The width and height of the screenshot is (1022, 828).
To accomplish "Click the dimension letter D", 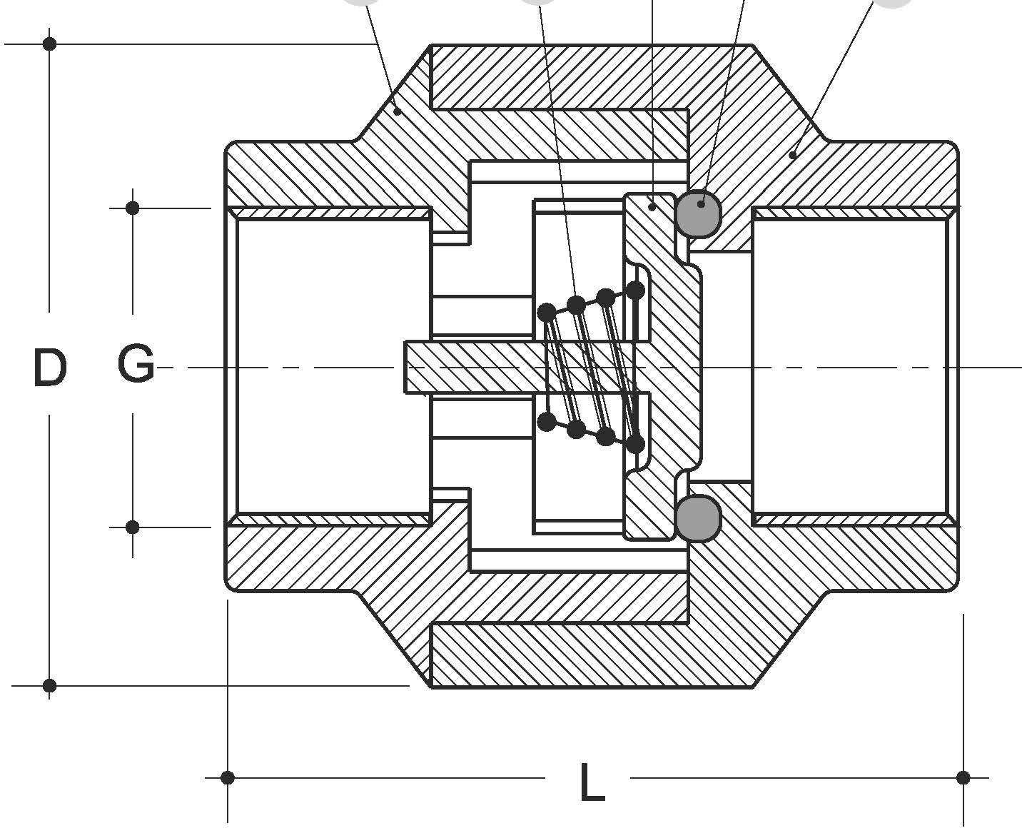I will click(x=49, y=368).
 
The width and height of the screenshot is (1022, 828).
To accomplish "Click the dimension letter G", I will click(x=136, y=364).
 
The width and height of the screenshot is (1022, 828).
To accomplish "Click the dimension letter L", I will click(x=591, y=783).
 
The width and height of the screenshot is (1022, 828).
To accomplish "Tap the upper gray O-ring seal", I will click(x=697, y=213).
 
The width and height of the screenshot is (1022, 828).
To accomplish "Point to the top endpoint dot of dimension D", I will click(x=49, y=44).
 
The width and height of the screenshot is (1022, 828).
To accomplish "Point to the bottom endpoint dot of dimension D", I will click(x=49, y=686).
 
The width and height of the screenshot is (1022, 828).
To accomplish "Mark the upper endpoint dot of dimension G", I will click(x=132, y=208).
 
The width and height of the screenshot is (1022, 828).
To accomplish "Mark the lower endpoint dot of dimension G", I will click(x=132, y=527).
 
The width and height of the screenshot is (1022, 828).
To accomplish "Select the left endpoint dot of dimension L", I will click(x=227, y=777).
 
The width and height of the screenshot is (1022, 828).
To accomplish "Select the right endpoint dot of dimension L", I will click(x=963, y=777).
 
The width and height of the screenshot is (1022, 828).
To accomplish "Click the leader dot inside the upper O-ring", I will click(x=701, y=204).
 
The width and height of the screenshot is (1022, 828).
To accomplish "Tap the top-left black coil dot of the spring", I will click(x=546, y=312).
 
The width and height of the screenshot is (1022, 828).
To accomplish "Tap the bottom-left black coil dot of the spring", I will click(x=546, y=422).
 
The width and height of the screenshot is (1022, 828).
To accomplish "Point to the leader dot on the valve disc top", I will click(x=652, y=206).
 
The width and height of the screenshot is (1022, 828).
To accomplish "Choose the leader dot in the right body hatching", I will click(x=792, y=155).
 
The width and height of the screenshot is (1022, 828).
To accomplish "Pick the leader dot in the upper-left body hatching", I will click(x=398, y=111).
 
